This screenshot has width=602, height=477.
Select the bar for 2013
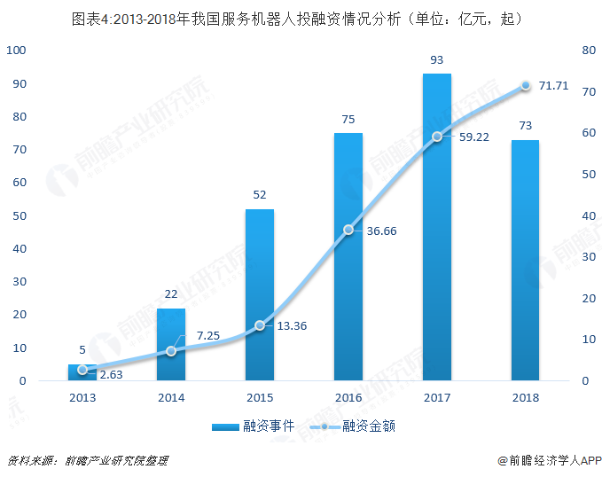82,372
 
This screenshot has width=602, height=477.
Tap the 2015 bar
260,295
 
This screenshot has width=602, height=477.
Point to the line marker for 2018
525,85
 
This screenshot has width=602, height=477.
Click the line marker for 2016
348,230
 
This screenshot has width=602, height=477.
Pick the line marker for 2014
171,351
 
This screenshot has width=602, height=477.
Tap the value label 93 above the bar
436,61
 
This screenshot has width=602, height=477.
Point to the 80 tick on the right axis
588,51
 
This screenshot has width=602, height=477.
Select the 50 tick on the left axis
19,215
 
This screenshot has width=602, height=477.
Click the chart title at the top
301,19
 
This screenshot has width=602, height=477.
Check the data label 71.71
553,86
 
